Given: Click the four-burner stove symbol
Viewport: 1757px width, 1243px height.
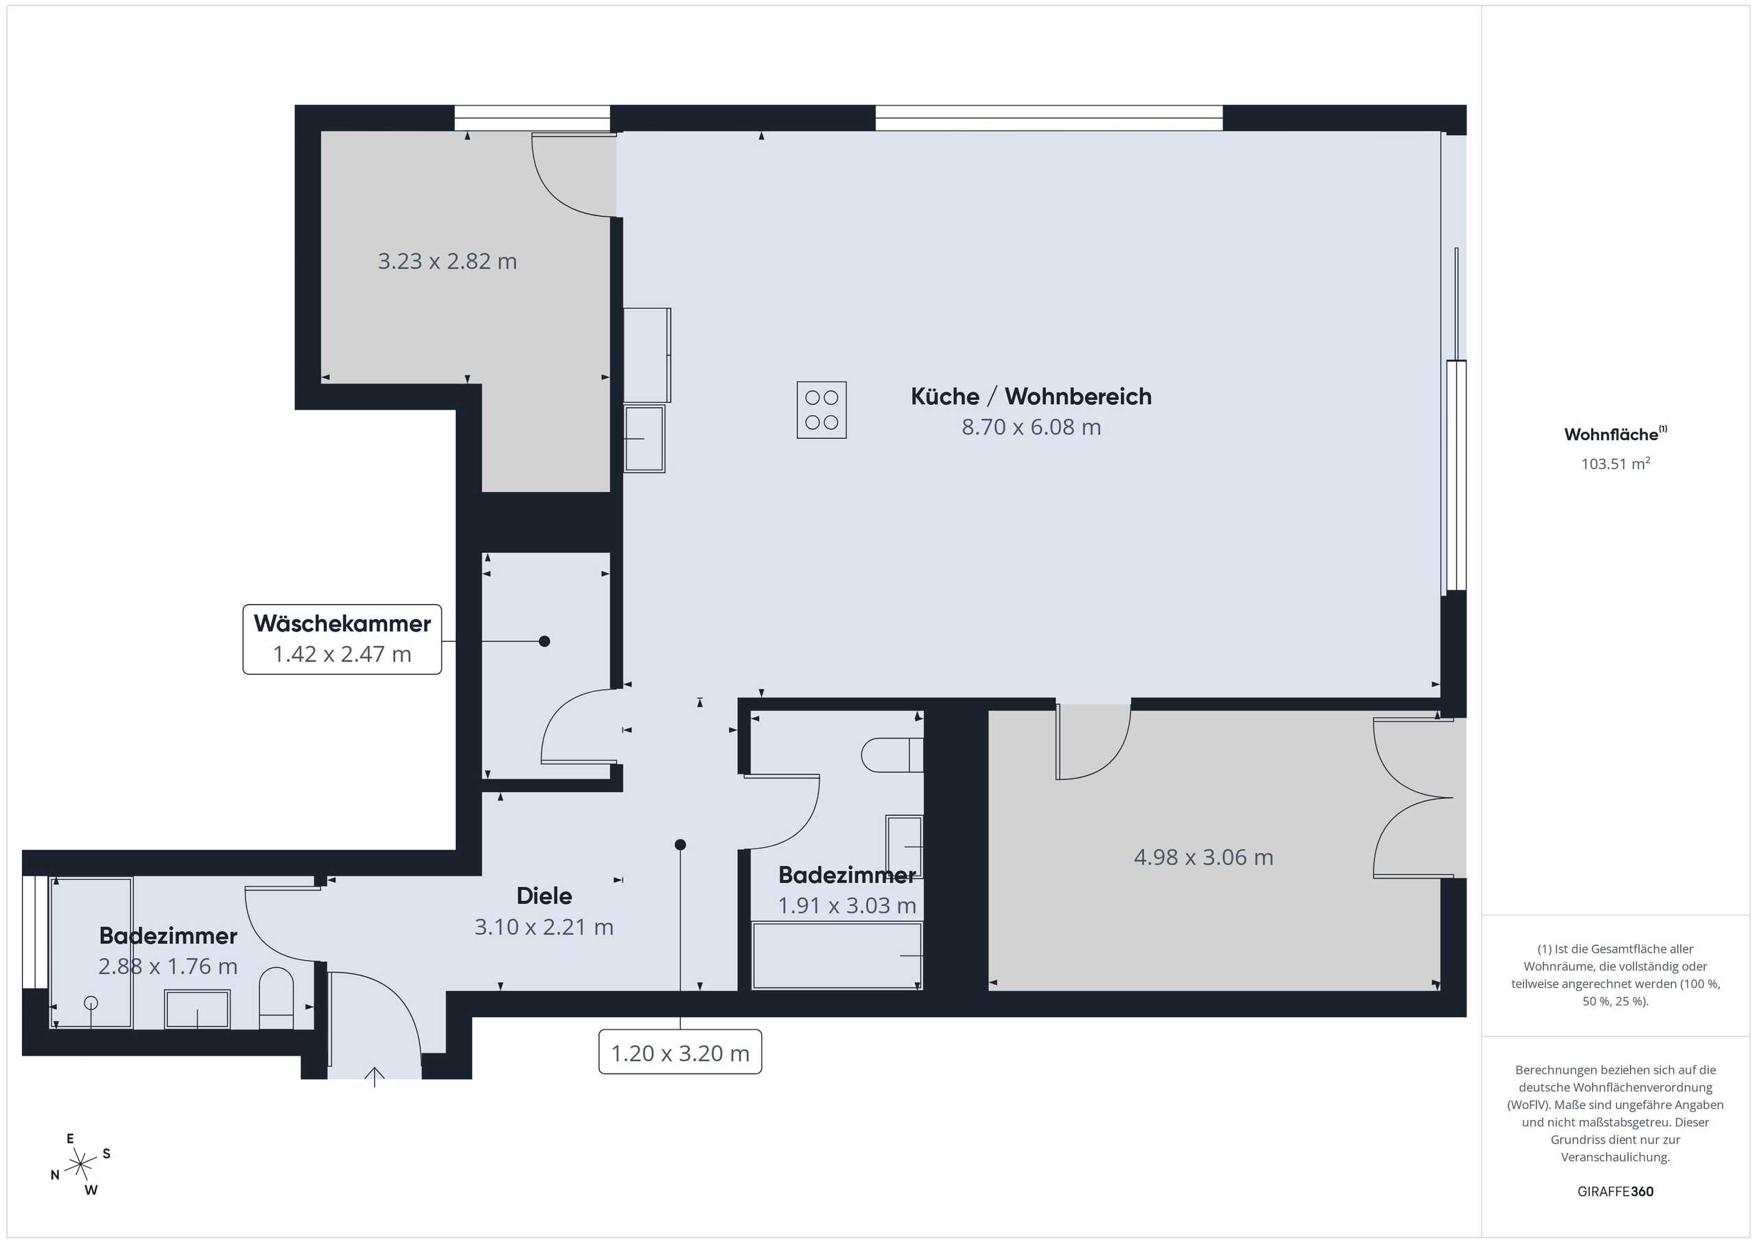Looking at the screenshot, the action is (x=821, y=410).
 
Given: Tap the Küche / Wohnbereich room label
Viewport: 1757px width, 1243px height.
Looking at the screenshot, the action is (x=1031, y=397).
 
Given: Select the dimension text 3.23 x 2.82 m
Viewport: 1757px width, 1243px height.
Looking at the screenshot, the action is (x=447, y=261).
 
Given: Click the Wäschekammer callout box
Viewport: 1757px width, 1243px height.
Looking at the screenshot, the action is (x=342, y=639).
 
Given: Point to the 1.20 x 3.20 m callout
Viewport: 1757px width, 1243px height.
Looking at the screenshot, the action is (x=679, y=1052).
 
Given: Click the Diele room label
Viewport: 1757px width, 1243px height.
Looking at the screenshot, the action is (x=544, y=896).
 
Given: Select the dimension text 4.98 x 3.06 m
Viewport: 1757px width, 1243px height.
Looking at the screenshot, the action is (x=1203, y=857).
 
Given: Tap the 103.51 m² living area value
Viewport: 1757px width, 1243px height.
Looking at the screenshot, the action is (x=1616, y=463).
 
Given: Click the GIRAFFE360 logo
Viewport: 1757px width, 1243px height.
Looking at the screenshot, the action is (x=1616, y=1192).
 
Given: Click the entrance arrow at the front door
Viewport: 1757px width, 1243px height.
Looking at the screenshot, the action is (x=374, y=1077).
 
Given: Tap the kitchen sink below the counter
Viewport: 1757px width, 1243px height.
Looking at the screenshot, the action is (x=644, y=439).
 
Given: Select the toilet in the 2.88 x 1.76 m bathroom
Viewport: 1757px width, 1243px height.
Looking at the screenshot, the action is (x=277, y=999).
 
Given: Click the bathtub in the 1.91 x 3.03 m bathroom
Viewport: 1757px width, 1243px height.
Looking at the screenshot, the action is (x=837, y=956).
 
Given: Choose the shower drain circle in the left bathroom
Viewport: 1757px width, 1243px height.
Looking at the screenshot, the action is (x=91, y=1003).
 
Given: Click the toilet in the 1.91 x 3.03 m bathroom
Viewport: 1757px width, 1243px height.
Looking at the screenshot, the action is (x=892, y=756).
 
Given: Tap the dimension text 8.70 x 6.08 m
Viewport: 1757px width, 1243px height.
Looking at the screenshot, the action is (x=1031, y=427).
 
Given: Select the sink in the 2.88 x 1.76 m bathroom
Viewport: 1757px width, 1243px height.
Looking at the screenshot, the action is (x=198, y=1010).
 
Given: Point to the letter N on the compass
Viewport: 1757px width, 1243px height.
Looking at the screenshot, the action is (x=55, y=1175).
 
